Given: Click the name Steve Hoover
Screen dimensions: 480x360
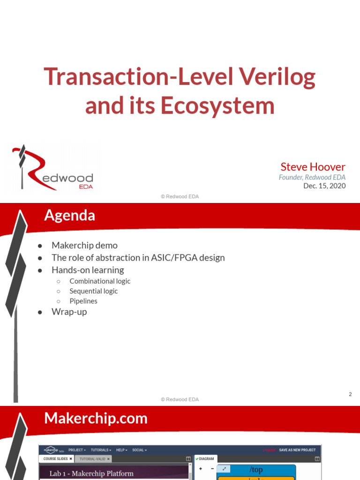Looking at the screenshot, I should coord(313,167).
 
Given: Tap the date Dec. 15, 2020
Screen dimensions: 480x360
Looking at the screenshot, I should coord(324,186).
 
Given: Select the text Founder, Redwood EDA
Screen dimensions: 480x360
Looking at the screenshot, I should coord(312,177).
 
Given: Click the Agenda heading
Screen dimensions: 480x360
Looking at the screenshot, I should coord(69,215).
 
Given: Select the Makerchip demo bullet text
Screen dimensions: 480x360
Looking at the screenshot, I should coord(84,246).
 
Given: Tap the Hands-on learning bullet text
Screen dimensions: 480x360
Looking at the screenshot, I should coord(88,270).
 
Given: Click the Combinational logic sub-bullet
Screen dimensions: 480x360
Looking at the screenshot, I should coord(100,281).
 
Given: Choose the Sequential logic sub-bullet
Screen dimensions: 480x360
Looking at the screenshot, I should coord(93,291).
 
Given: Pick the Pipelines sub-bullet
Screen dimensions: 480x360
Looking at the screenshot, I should coord(83,301).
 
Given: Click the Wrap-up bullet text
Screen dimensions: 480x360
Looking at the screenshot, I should coord(69,312).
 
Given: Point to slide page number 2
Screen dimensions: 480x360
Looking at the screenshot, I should coord(350,394).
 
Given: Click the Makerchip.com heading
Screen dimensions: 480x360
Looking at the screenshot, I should coord(96,418).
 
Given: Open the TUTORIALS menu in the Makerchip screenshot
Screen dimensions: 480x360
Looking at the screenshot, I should coord(100,450).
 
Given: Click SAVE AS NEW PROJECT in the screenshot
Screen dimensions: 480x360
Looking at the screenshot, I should coord(297,450).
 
